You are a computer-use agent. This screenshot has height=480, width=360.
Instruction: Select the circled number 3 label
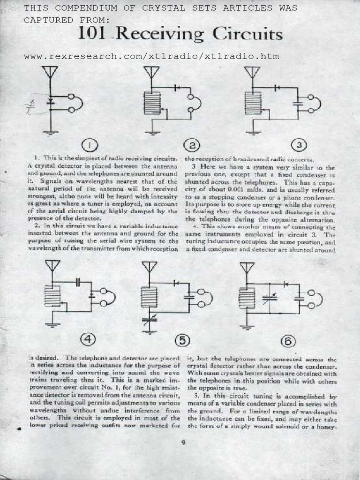(299, 145)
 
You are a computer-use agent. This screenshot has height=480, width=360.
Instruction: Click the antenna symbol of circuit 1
(50, 73)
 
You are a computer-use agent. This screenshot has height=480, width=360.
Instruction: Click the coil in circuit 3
(253, 103)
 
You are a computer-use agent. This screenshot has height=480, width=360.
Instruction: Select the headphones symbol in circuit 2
(194, 104)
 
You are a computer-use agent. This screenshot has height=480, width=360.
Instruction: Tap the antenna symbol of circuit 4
(52, 266)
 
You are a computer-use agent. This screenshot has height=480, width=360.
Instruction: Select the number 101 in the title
(93, 35)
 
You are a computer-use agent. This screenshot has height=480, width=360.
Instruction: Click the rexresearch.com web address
(151, 57)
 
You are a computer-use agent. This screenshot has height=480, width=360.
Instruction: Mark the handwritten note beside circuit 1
(32, 105)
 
